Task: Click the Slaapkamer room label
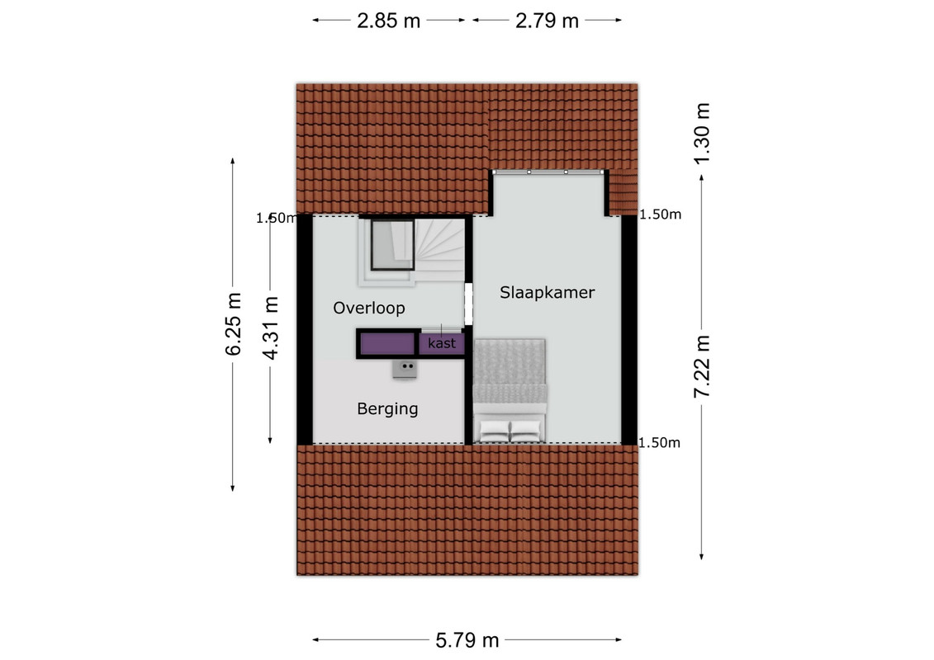547,292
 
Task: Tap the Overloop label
368,308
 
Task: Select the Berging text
387,409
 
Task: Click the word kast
441,343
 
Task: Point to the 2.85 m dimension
388,21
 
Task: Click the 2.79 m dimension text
547,21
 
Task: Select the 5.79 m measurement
467,640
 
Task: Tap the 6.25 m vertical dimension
233,324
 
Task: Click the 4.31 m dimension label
270,328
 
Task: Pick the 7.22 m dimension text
702,366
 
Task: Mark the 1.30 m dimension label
702,133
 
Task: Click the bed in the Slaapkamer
510,391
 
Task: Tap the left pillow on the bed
495,431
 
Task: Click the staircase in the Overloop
439,250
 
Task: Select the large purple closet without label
388,344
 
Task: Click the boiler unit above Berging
405,369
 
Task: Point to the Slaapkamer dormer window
548,172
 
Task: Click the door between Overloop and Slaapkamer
468,304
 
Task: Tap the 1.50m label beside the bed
659,443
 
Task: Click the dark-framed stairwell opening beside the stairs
392,244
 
